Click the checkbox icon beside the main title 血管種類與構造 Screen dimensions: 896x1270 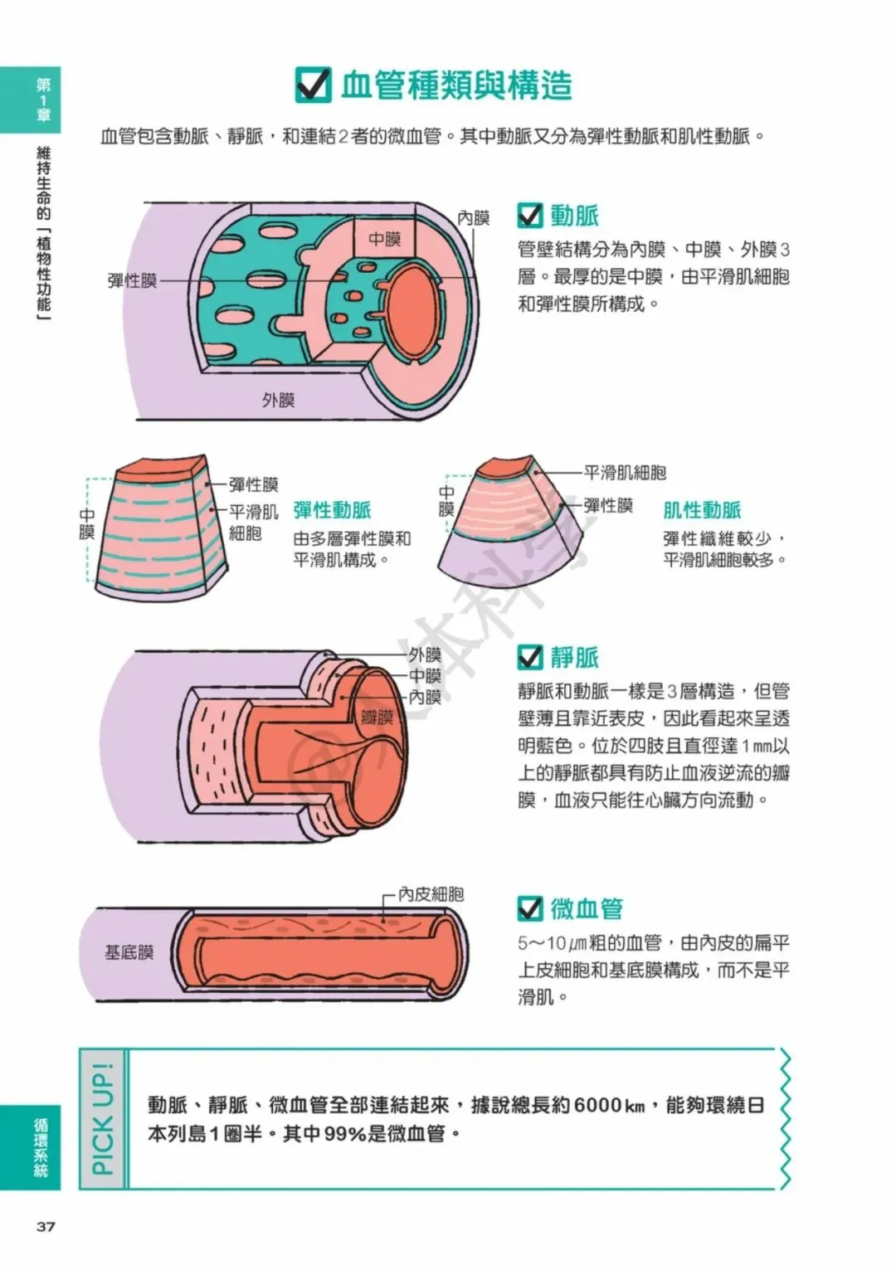click(x=314, y=85)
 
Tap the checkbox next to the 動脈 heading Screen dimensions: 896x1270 click(x=529, y=216)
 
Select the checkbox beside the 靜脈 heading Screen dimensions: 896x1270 click(x=529, y=658)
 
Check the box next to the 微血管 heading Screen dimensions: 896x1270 click(x=529, y=908)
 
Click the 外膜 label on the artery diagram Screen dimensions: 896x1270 click(x=279, y=400)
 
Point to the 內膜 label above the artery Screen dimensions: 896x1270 click(x=474, y=217)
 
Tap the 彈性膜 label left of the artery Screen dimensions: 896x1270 click(x=132, y=280)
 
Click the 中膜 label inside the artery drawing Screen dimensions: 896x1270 click(x=385, y=239)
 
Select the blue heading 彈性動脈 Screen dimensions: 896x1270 click(x=332, y=510)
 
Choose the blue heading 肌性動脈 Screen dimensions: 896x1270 click(x=702, y=510)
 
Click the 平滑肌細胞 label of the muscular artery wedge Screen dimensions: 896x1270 click(x=625, y=473)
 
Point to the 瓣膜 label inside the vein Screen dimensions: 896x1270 click(x=377, y=717)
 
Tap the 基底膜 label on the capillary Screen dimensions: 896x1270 click(x=129, y=952)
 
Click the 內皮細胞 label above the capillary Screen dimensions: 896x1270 click(x=431, y=894)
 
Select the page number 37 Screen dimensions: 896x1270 click(x=45, y=1227)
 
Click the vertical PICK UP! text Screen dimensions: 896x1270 click(x=103, y=1119)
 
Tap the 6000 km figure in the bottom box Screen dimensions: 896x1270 click(x=609, y=1105)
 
